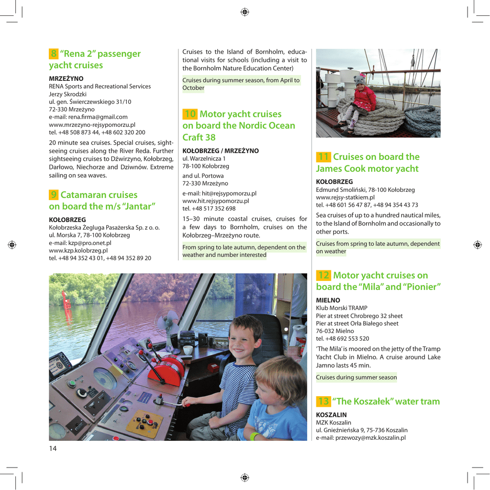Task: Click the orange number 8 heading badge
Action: pos(54,54)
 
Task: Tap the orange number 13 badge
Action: pos(323,401)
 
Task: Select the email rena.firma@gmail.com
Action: pos(88,117)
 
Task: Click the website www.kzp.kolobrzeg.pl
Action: pos(78,250)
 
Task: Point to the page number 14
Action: pos(53,448)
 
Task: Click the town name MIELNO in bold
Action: pos(326,301)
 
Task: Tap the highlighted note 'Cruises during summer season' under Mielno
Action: pos(356,378)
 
